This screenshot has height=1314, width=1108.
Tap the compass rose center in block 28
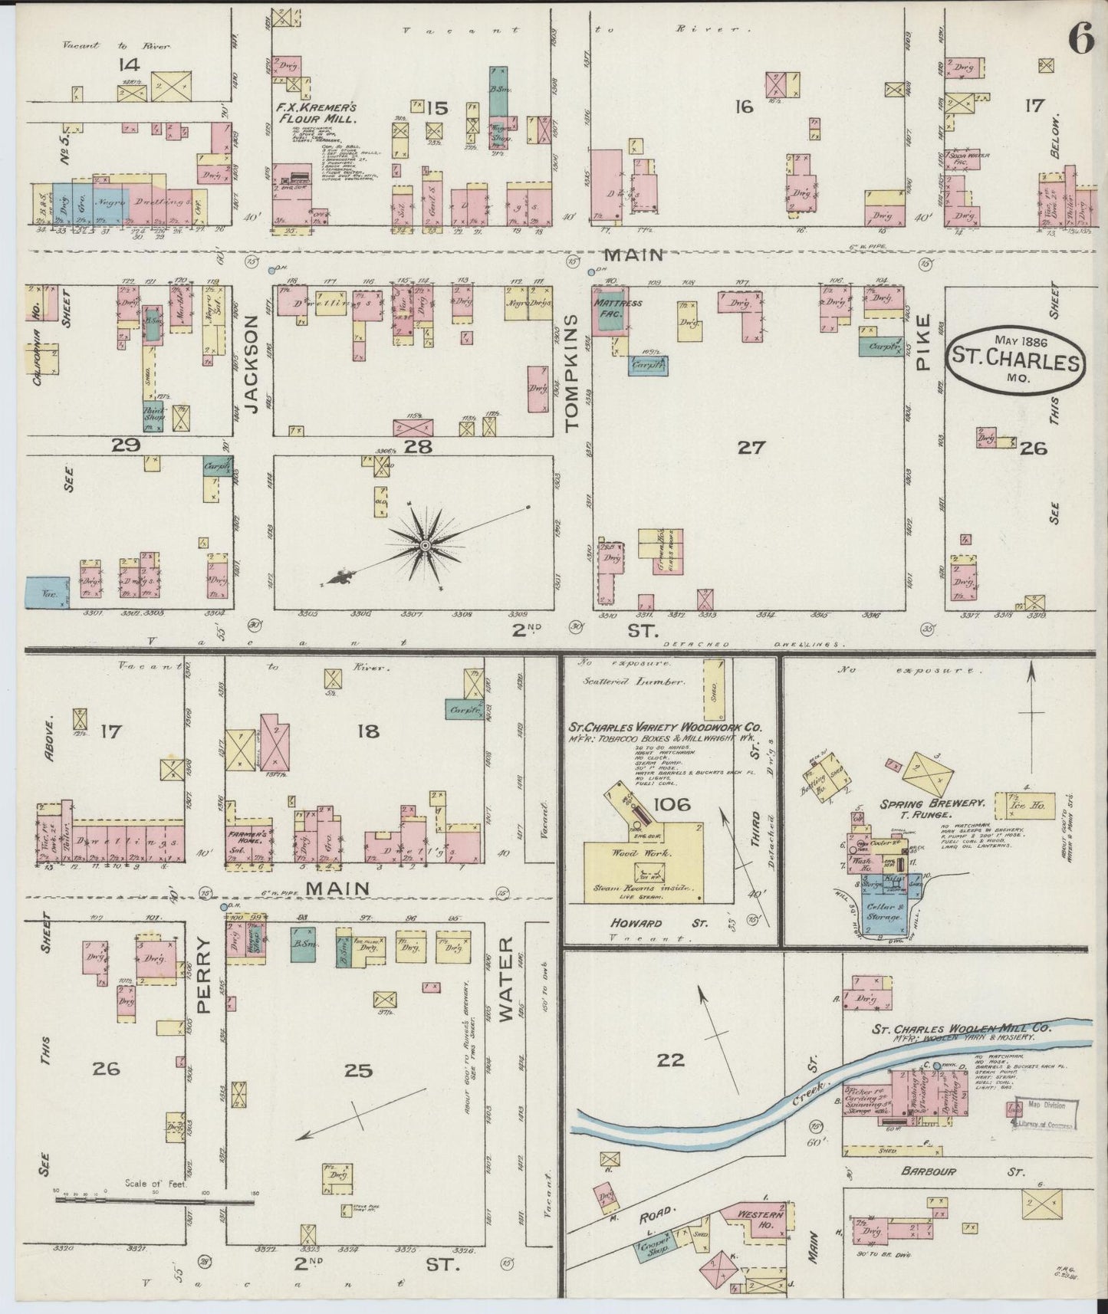423,544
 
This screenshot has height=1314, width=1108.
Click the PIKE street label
923,342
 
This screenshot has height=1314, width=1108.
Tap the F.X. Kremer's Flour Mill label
316,113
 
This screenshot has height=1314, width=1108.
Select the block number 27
751,448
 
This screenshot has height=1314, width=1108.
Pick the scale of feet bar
153,1203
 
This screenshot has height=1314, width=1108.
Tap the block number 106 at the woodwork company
672,804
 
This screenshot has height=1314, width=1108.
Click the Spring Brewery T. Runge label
932,807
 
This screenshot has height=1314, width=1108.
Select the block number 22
671,1060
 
